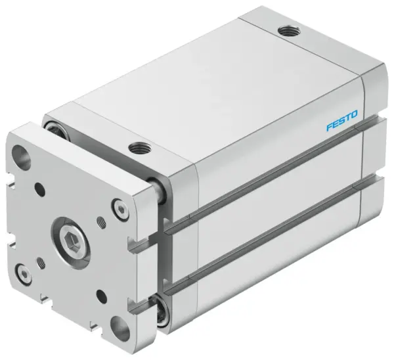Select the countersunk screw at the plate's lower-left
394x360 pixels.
[24, 271]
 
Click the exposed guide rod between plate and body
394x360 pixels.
[157, 192]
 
